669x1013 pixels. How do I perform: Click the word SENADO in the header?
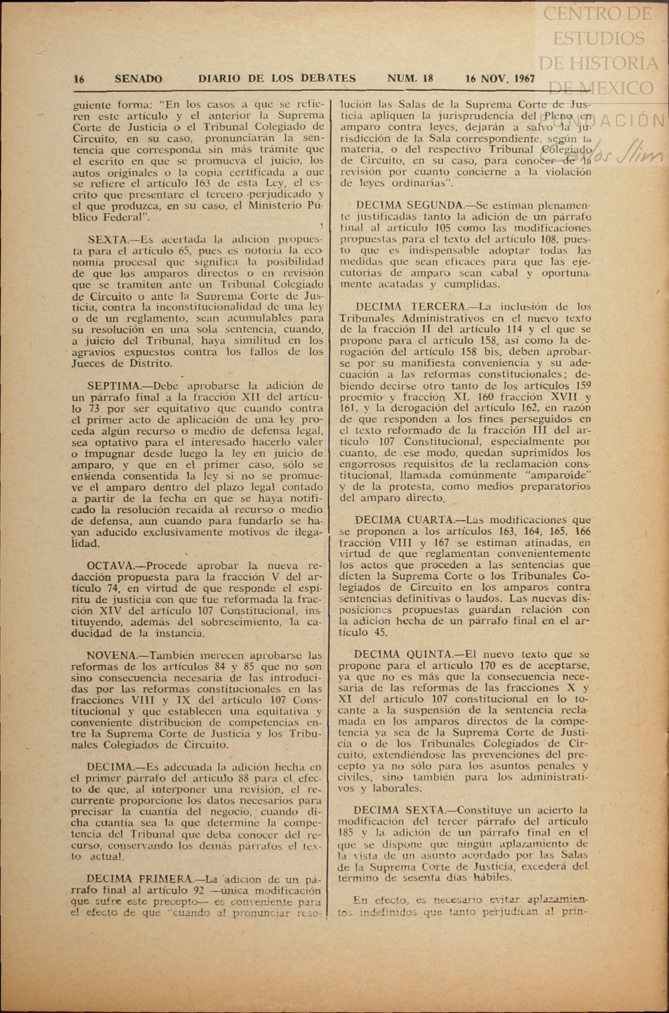point(138,79)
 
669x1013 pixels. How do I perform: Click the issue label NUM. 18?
point(410,79)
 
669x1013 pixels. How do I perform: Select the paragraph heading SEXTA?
point(107,240)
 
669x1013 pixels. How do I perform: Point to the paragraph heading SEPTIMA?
point(113,386)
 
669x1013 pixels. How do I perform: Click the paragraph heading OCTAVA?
point(109,566)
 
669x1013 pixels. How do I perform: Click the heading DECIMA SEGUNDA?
point(410,205)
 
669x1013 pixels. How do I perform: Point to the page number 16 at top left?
point(79,79)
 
